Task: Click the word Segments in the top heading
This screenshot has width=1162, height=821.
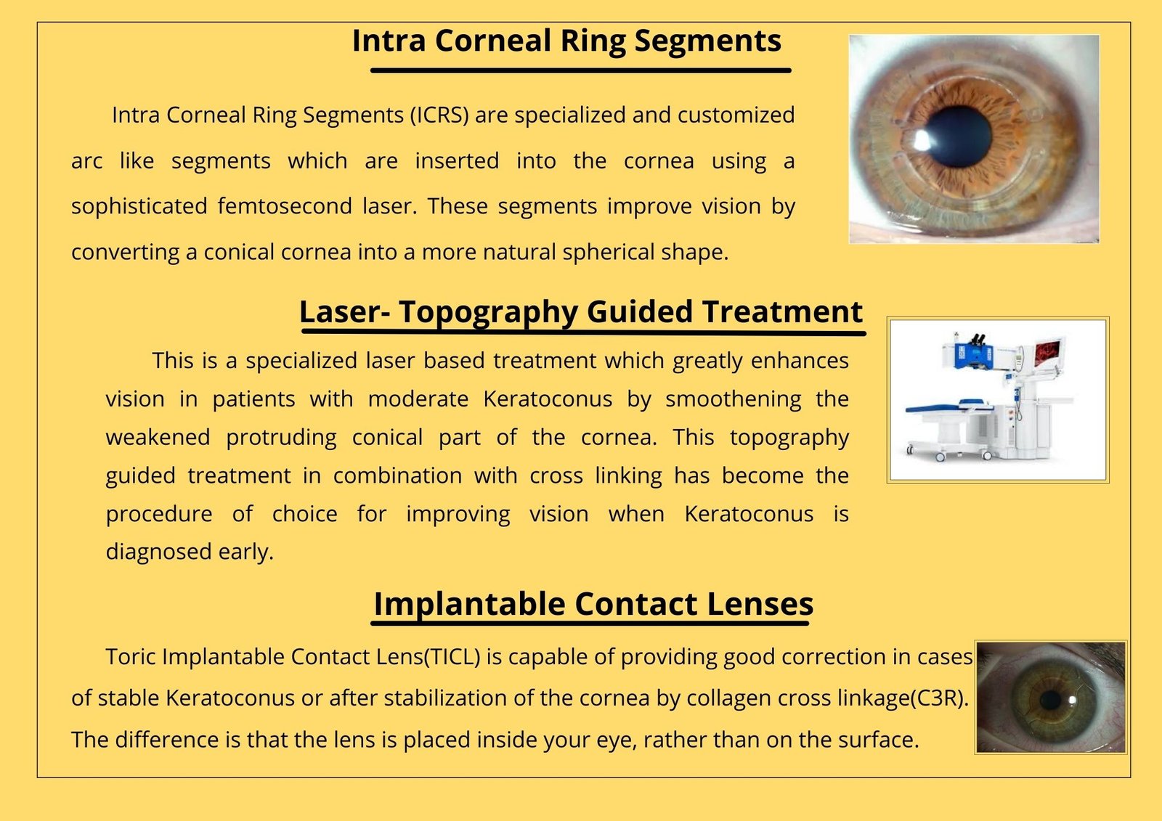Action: click(707, 41)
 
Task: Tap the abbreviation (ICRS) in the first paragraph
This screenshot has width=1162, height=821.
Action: click(439, 115)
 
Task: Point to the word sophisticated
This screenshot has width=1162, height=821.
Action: click(139, 206)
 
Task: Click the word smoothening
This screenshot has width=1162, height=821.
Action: click(733, 399)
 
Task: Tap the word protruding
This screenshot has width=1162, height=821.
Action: click(281, 438)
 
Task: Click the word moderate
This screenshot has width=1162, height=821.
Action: click(418, 399)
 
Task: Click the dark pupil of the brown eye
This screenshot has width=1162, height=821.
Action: click(958, 136)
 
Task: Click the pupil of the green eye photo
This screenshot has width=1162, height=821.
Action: click(1051, 700)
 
